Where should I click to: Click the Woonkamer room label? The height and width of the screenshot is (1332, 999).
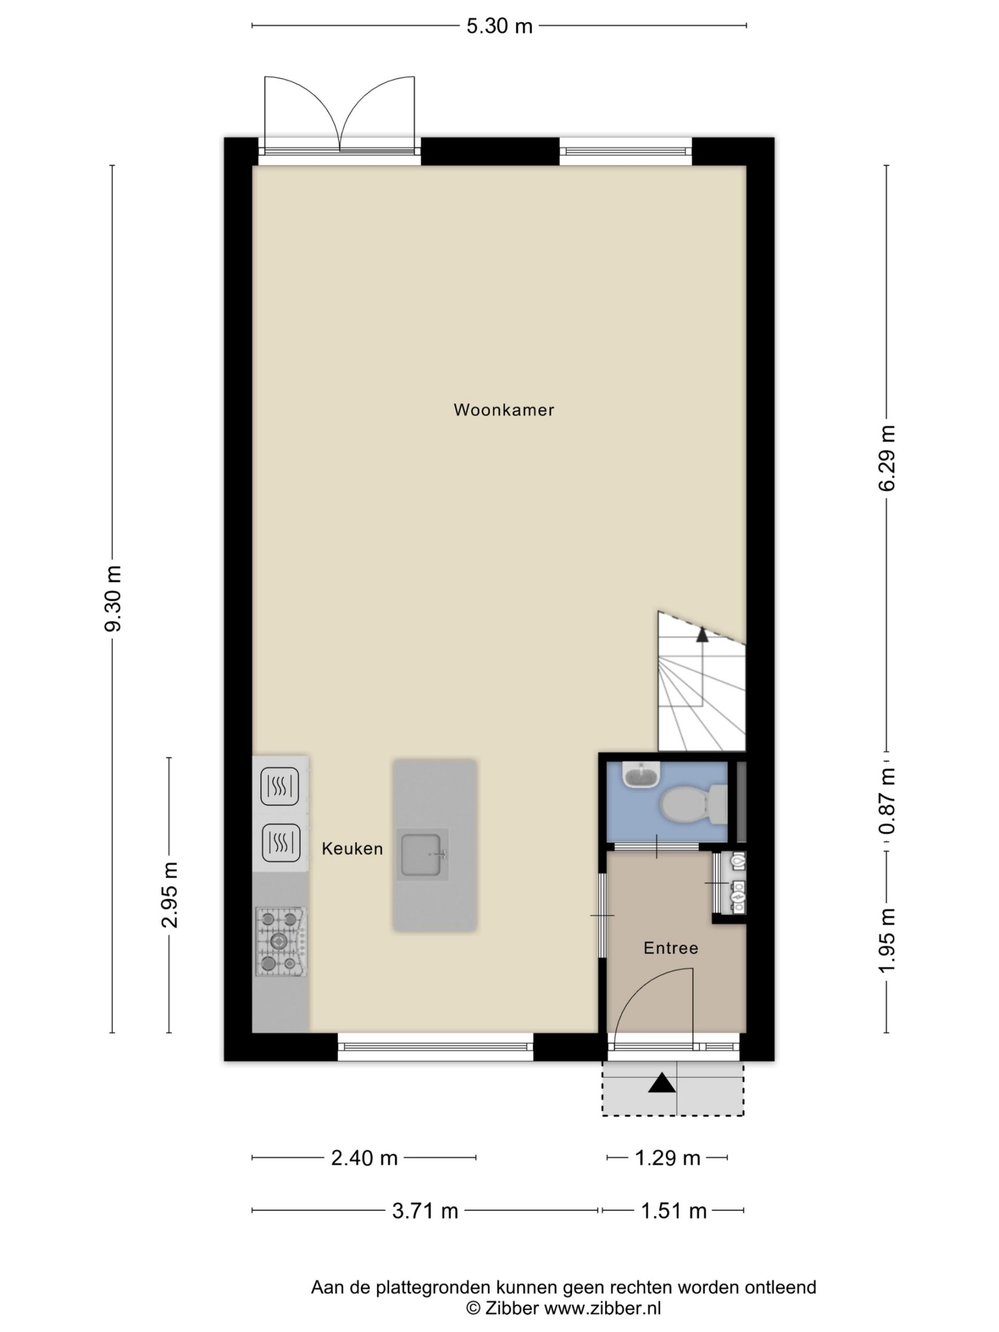click(504, 410)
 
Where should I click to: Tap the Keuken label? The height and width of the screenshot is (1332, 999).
click(352, 849)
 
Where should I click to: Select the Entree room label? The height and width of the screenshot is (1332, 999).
click(671, 949)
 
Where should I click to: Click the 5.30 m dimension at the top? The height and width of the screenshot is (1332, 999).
click(499, 26)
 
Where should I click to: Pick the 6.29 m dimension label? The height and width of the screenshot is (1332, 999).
click(887, 458)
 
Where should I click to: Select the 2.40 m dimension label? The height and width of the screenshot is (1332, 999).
click(364, 1158)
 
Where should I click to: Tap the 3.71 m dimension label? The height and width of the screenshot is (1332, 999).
click(425, 1210)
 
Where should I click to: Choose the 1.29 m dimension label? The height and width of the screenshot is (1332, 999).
click(668, 1158)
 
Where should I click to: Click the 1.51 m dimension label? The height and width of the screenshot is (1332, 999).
click(673, 1210)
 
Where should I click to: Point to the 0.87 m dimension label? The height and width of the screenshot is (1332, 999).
click(887, 801)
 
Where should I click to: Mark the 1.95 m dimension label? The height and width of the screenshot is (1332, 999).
click(887, 940)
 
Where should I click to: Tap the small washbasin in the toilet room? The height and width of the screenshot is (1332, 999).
click(642, 774)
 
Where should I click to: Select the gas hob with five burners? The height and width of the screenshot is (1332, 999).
click(280, 942)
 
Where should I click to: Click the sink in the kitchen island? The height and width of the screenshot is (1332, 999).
click(422, 855)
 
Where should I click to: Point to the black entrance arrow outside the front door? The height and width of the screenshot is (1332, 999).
click(662, 1083)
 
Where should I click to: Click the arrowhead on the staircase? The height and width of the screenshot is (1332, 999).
click(702, 634)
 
